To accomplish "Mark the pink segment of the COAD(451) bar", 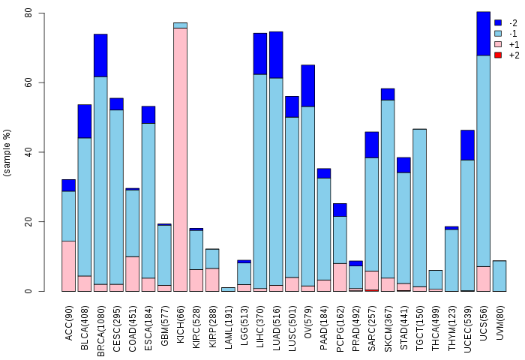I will point(132,274).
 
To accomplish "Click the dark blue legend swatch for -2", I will point(498,22).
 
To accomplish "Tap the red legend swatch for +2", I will point(498,55).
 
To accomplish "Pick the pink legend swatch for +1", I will point(498,44).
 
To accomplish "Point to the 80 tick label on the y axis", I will point(28,13).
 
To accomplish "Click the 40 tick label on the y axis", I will point(28,152).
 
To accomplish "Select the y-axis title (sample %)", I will point(7,152).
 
